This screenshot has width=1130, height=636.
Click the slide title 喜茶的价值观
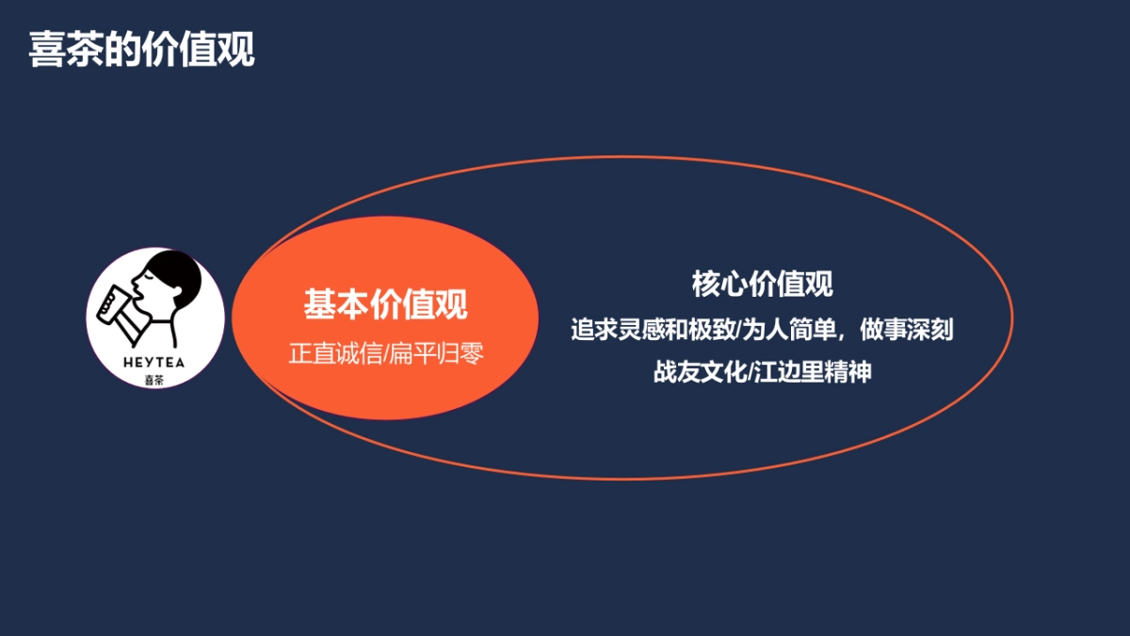[x=141, y=50]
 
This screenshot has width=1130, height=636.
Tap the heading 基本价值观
[x=385, y=304]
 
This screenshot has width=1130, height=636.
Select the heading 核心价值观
[x=762, y=284]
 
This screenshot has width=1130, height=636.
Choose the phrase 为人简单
[x=786, y=331]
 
